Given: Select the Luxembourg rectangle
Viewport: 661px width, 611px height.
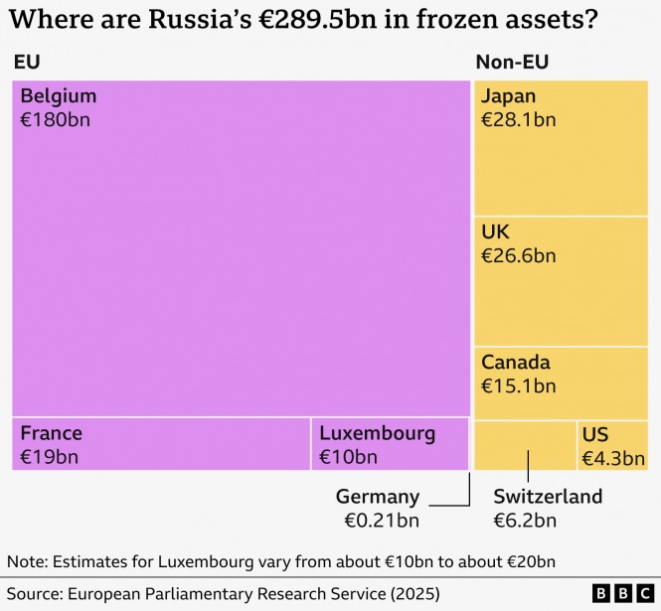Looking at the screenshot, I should tap(390, 444).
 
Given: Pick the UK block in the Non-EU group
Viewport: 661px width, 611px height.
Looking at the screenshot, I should tap(561, 281).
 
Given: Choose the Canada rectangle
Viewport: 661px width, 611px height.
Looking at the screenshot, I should tap(561, 382).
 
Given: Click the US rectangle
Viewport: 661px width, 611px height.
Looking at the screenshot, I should tap(613, 445).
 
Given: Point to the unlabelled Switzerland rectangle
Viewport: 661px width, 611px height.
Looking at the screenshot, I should tap(525, 445).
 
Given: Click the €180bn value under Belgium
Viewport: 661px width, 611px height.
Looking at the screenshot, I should tap(56, 120).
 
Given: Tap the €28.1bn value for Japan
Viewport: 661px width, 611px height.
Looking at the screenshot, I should tap(518, 120).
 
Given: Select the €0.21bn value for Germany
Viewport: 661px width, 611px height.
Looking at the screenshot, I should tap(382, 521).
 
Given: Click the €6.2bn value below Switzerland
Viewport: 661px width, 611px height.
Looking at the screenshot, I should tap(525, 521).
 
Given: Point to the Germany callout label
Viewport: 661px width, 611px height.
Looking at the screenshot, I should tap(378, 497).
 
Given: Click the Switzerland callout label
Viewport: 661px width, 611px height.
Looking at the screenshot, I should tap(548, 497).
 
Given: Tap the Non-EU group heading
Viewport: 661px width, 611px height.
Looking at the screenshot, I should tap(512, 63).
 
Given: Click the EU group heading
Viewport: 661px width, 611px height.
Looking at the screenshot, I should tap(27, 63).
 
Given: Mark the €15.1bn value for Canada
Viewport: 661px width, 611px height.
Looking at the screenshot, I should tap(518, 385).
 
